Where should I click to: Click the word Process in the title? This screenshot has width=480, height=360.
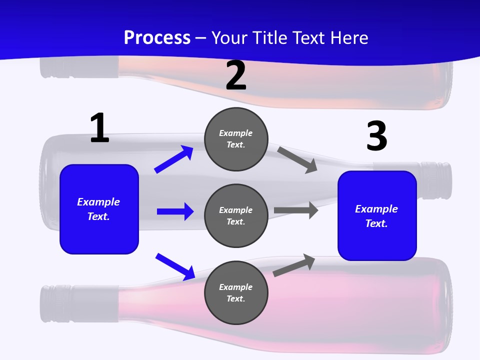(x=157, y=37)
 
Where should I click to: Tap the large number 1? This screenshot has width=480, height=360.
(x=99, y=128)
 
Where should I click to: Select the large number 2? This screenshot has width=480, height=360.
(x=236, y=75)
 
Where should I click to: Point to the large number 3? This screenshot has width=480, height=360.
(x=376, y=136)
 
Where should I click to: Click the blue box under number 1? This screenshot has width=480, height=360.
(x=99, y=209)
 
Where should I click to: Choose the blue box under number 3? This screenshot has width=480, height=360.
(x=377, y=215)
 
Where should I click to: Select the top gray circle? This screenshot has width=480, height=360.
(x=236, y=139)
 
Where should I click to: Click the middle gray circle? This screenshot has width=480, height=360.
(x=236, y=215)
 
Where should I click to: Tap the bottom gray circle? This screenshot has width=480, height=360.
(x=236, y=292)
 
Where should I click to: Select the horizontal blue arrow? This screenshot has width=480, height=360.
(x=175, y=211)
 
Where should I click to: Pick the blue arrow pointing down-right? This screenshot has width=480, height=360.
(x=175, y=266)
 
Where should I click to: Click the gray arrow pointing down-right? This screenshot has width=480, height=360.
(x=298, y=159)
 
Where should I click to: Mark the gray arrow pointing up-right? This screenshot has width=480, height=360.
(x=294, y=265)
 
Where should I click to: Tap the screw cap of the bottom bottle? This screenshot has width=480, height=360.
(x=54, y=302)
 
